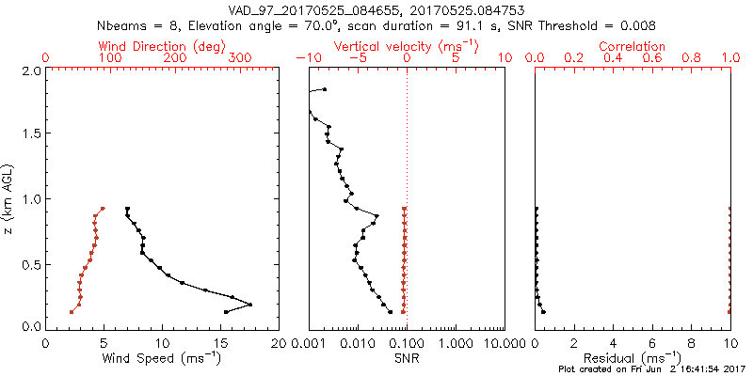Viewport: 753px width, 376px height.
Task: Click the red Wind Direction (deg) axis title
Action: tap(162, 46)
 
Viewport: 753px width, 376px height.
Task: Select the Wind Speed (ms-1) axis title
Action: tap(162, 358)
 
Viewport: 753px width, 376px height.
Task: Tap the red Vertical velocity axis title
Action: tap(406, 46)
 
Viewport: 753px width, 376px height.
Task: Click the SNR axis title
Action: tap(407, 358)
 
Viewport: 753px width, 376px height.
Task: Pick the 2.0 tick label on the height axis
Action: tap(30, 70)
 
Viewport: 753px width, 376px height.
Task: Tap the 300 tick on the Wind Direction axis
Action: tap(241, 58)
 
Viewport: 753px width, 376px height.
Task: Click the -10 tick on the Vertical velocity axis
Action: tap(306, 58)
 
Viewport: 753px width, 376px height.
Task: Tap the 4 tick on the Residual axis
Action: tap(614, 342)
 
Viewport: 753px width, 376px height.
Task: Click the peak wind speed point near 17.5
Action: tap(250, 305)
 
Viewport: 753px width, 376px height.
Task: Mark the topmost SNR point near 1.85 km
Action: tap(325, 89)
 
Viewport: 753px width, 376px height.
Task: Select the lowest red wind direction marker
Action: tap(71, 312)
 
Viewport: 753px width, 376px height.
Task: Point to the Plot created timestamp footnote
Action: tap(651, 369)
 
